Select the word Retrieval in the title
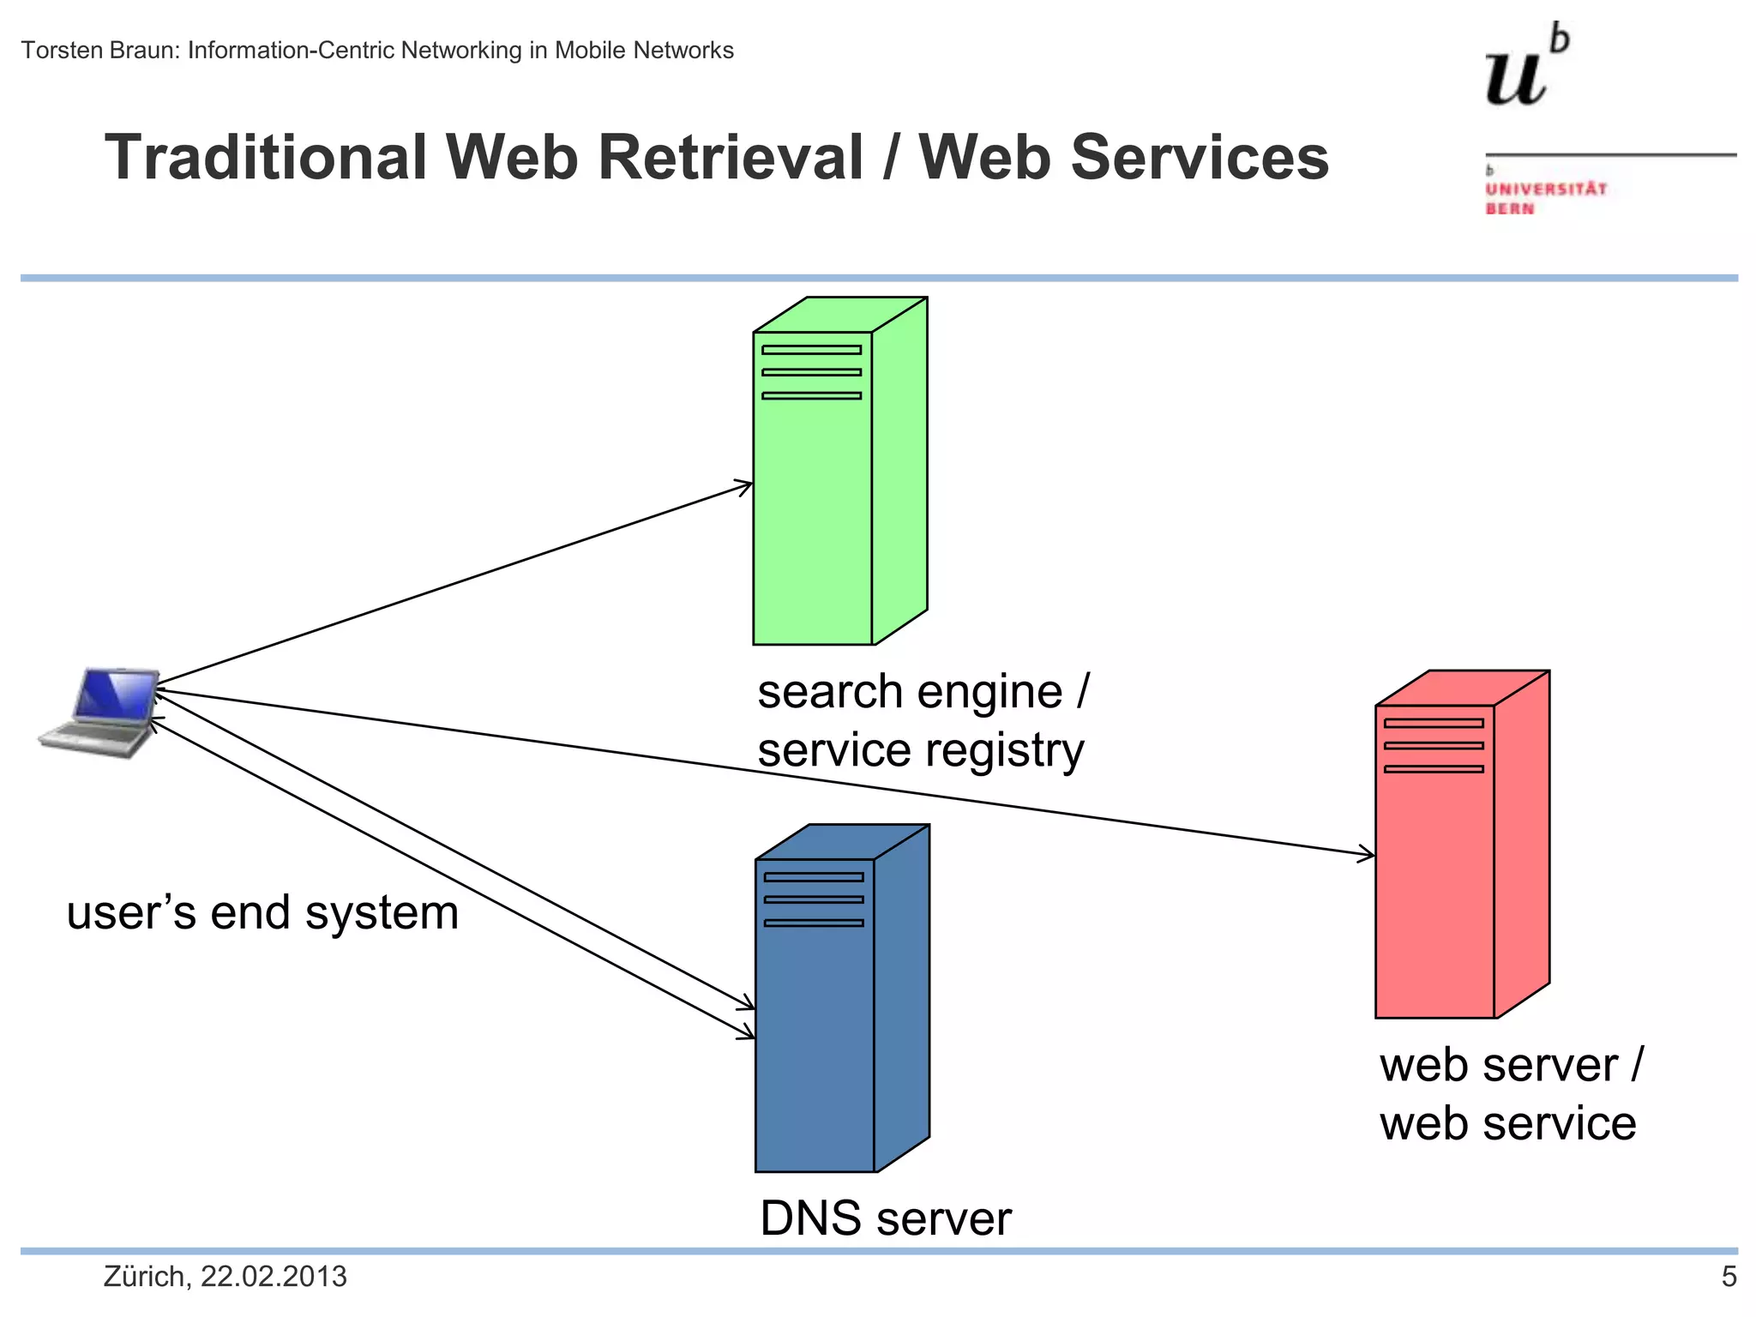(729, 158)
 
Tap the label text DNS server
(885, 1218)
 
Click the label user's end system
(262, 912)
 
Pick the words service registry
(920, 750)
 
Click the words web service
(1507, 1123)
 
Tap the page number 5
(1729, 1277)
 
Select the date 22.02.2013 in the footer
(274, 1277)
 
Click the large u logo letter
(1516, 79)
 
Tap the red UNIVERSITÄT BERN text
(1545, 198)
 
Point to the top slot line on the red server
(1434, 723)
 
